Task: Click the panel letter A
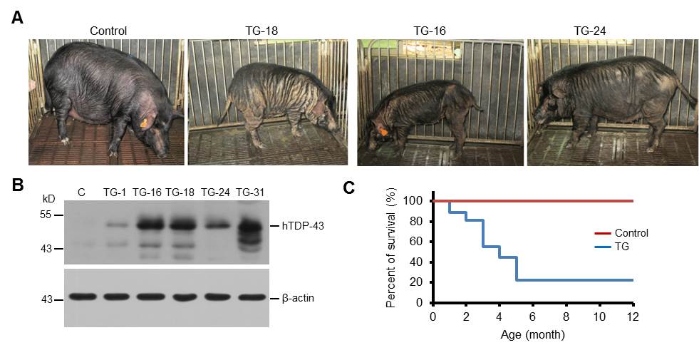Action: (18, 17)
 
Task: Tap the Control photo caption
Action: (108, 31)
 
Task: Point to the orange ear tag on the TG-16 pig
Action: (384, 130)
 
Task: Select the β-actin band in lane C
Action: (83, 297)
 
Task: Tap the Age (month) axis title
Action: (532, 333)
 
